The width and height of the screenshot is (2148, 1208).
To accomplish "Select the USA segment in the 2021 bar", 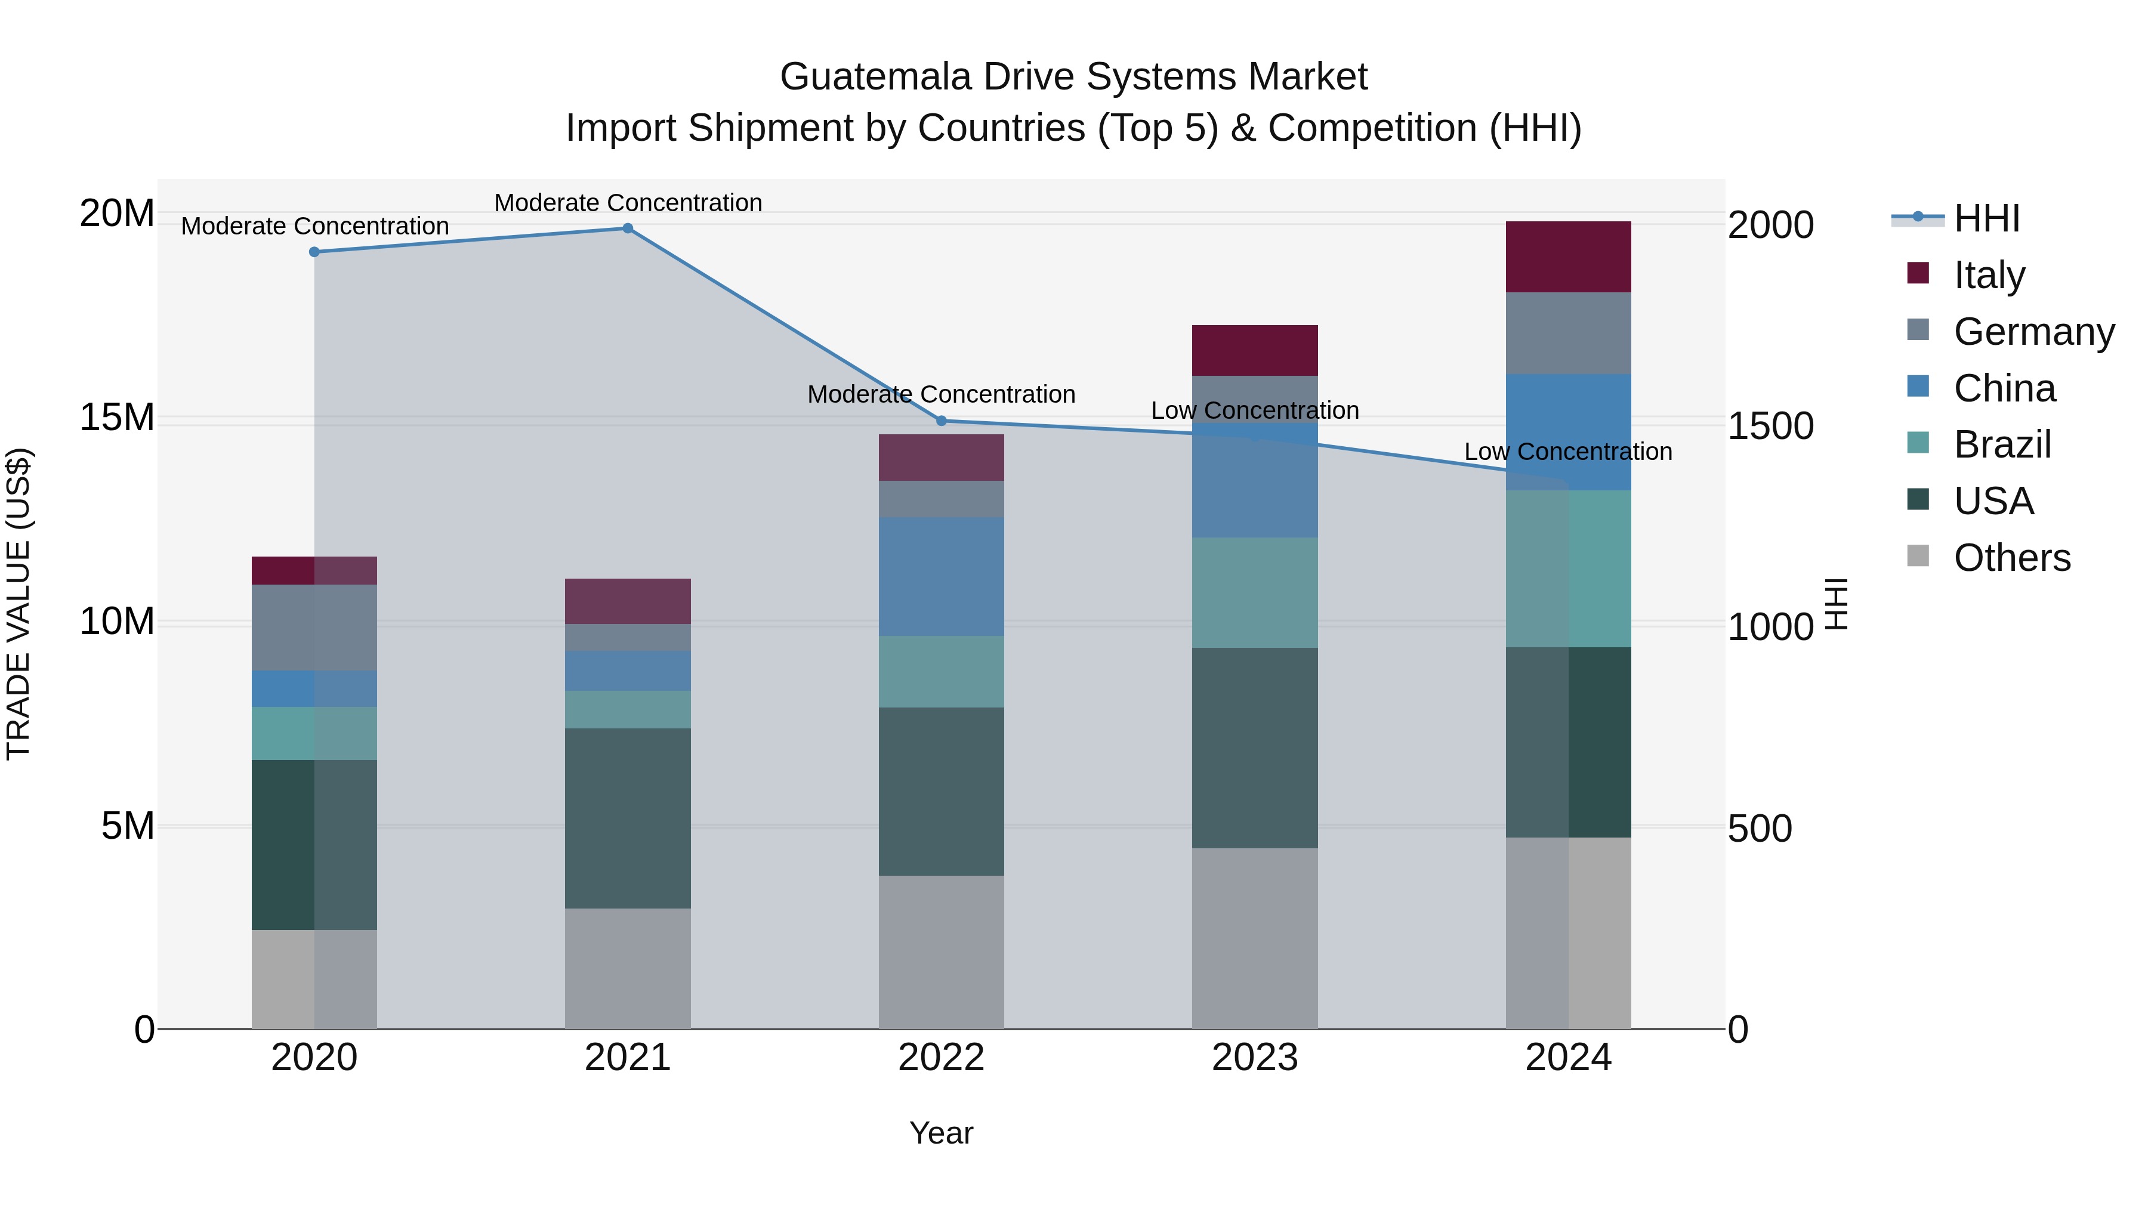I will [x=628, y=818].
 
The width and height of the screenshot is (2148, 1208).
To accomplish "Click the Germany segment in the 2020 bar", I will [x=314, y=627].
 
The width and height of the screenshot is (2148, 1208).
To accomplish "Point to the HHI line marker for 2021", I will [x=628, y=228].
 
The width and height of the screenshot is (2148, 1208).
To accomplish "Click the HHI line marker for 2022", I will [x=942, y=421].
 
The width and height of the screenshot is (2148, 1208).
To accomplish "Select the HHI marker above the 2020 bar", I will [x=314, y=252].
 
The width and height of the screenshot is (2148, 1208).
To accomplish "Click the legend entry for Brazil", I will [x=2001, y=444].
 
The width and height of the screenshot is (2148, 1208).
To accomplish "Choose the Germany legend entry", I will [x=2033, y=332].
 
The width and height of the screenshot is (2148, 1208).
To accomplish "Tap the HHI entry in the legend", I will [x=1985, y=218].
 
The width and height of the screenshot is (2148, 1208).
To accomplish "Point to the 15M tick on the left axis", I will [x=117, y=417].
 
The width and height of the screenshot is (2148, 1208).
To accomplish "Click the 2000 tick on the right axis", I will [x=1770, y=225].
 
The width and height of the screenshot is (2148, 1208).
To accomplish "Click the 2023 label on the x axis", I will [x=1254, y=1058].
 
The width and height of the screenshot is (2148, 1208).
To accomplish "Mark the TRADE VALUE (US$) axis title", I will [x=18, y=604].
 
